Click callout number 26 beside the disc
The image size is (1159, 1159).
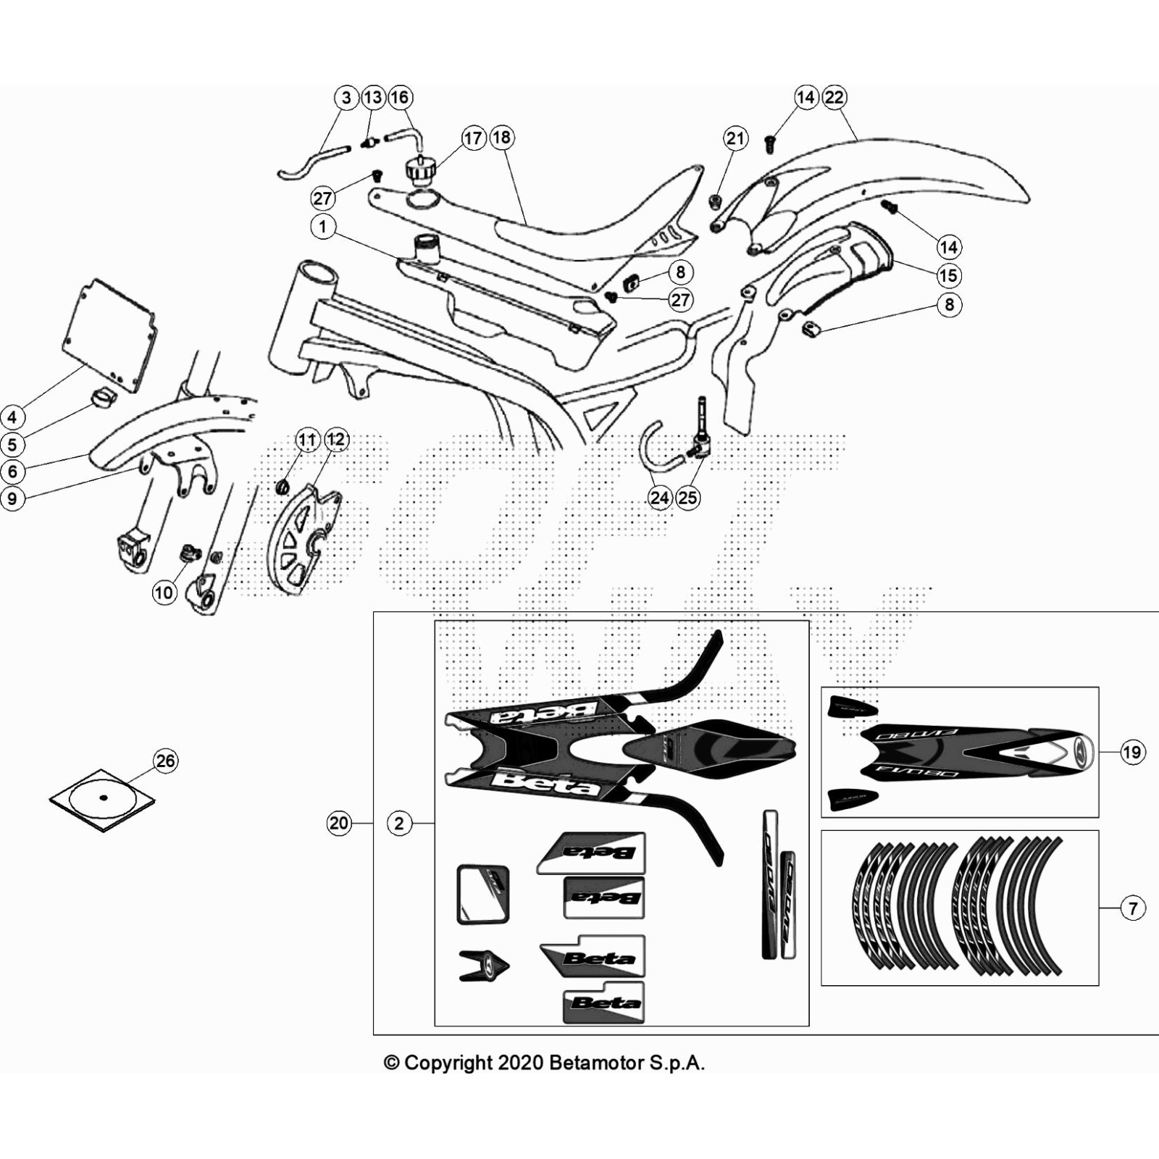pyautogui.click(x=166, y=761)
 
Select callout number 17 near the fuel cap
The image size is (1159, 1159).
pyautogui.click(x=473, y=138)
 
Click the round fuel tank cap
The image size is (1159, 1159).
pyautogui.click(x=419, y=171)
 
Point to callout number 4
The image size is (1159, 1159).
pyautogui.click(x=12, y=417)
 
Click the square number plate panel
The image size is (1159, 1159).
pyautogui.click(x=109, y=335)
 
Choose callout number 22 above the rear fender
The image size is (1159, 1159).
pyautogui.click(x=834, y=97)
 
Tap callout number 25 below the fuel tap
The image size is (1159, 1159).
pyautogui.click(x=688, y=498)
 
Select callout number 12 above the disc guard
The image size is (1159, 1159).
pyautogui.click(x=336, y=440)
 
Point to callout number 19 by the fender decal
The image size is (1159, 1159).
pyautogui.click(x=1132, y=752)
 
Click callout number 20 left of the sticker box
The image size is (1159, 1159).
pyautogui.click(x=339, y=823)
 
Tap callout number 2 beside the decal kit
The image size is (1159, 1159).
pyautogui.click(x=399, y=823)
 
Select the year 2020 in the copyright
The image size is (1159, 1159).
pyautogui.click(x=521, y=1063)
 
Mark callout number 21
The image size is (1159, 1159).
pyautogui.click(x=735, y=138)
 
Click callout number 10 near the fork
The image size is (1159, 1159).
pyautogui.click(x=164, y=593)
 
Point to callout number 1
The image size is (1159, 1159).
pyautogui.click(x=323, y=227)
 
